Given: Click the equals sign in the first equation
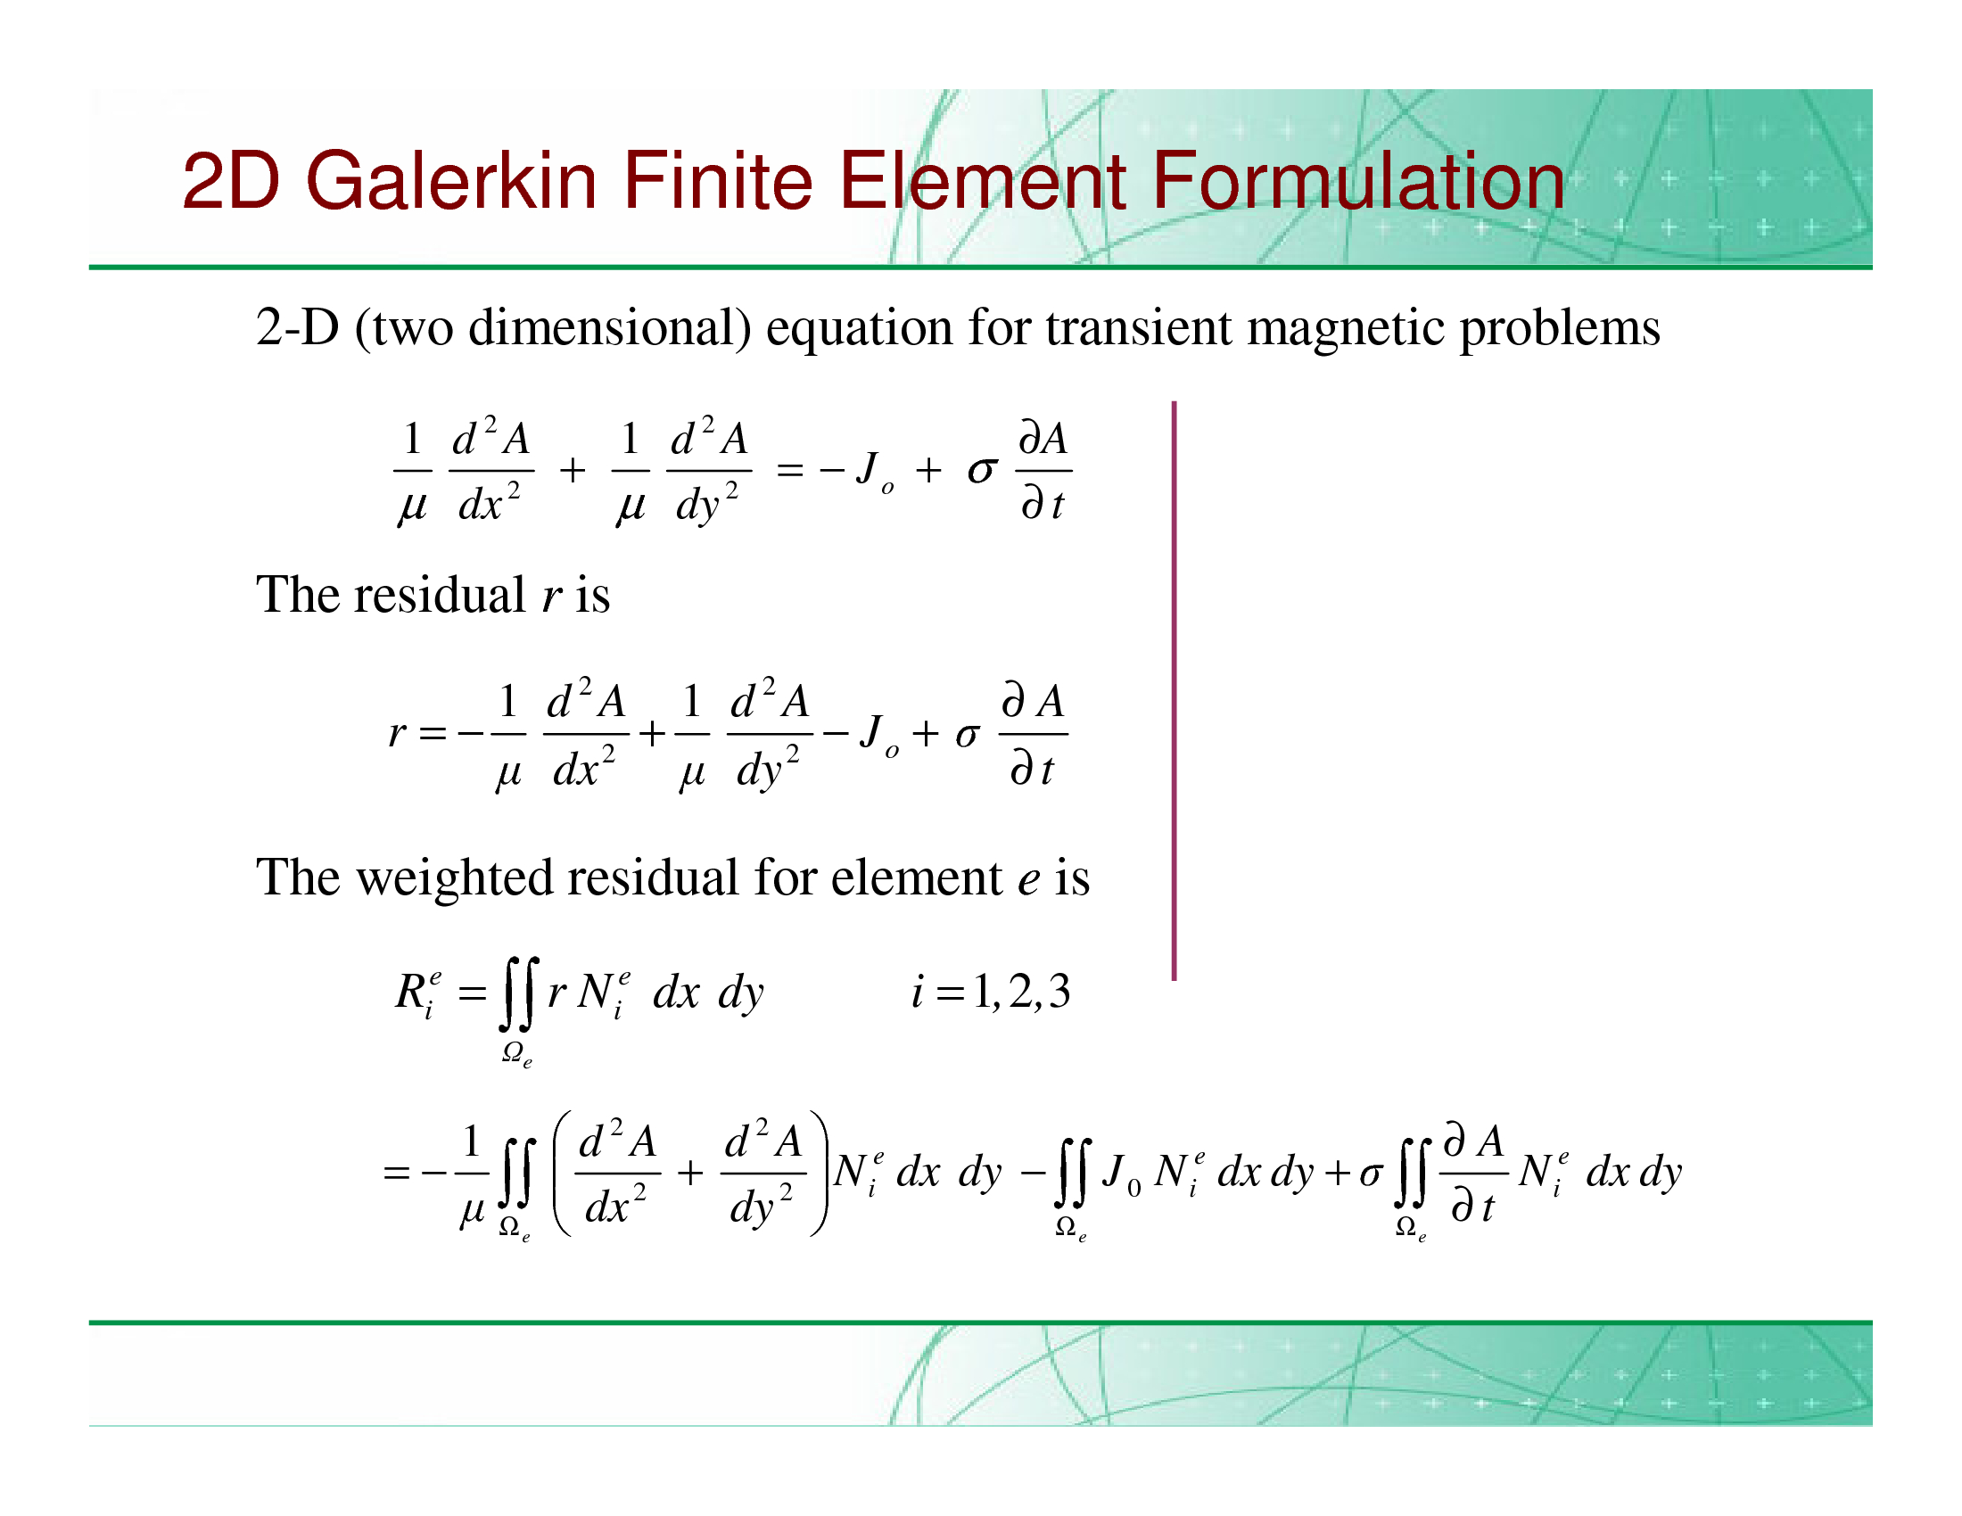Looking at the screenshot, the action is pos(788,470).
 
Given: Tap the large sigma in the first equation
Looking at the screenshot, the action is pos(982,470).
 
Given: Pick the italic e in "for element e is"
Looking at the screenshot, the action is pos(1028,881).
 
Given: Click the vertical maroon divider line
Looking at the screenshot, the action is pos(1175,690).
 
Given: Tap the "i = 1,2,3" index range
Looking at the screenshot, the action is pos(991,993).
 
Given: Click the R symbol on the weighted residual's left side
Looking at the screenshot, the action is pos(410,993).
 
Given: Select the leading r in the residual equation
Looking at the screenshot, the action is pos(396,734).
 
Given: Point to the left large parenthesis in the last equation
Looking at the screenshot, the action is pos(564,1173).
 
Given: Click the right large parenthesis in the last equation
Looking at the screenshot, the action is pos(819,1173).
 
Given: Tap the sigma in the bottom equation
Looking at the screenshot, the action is pos(1370,1174).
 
